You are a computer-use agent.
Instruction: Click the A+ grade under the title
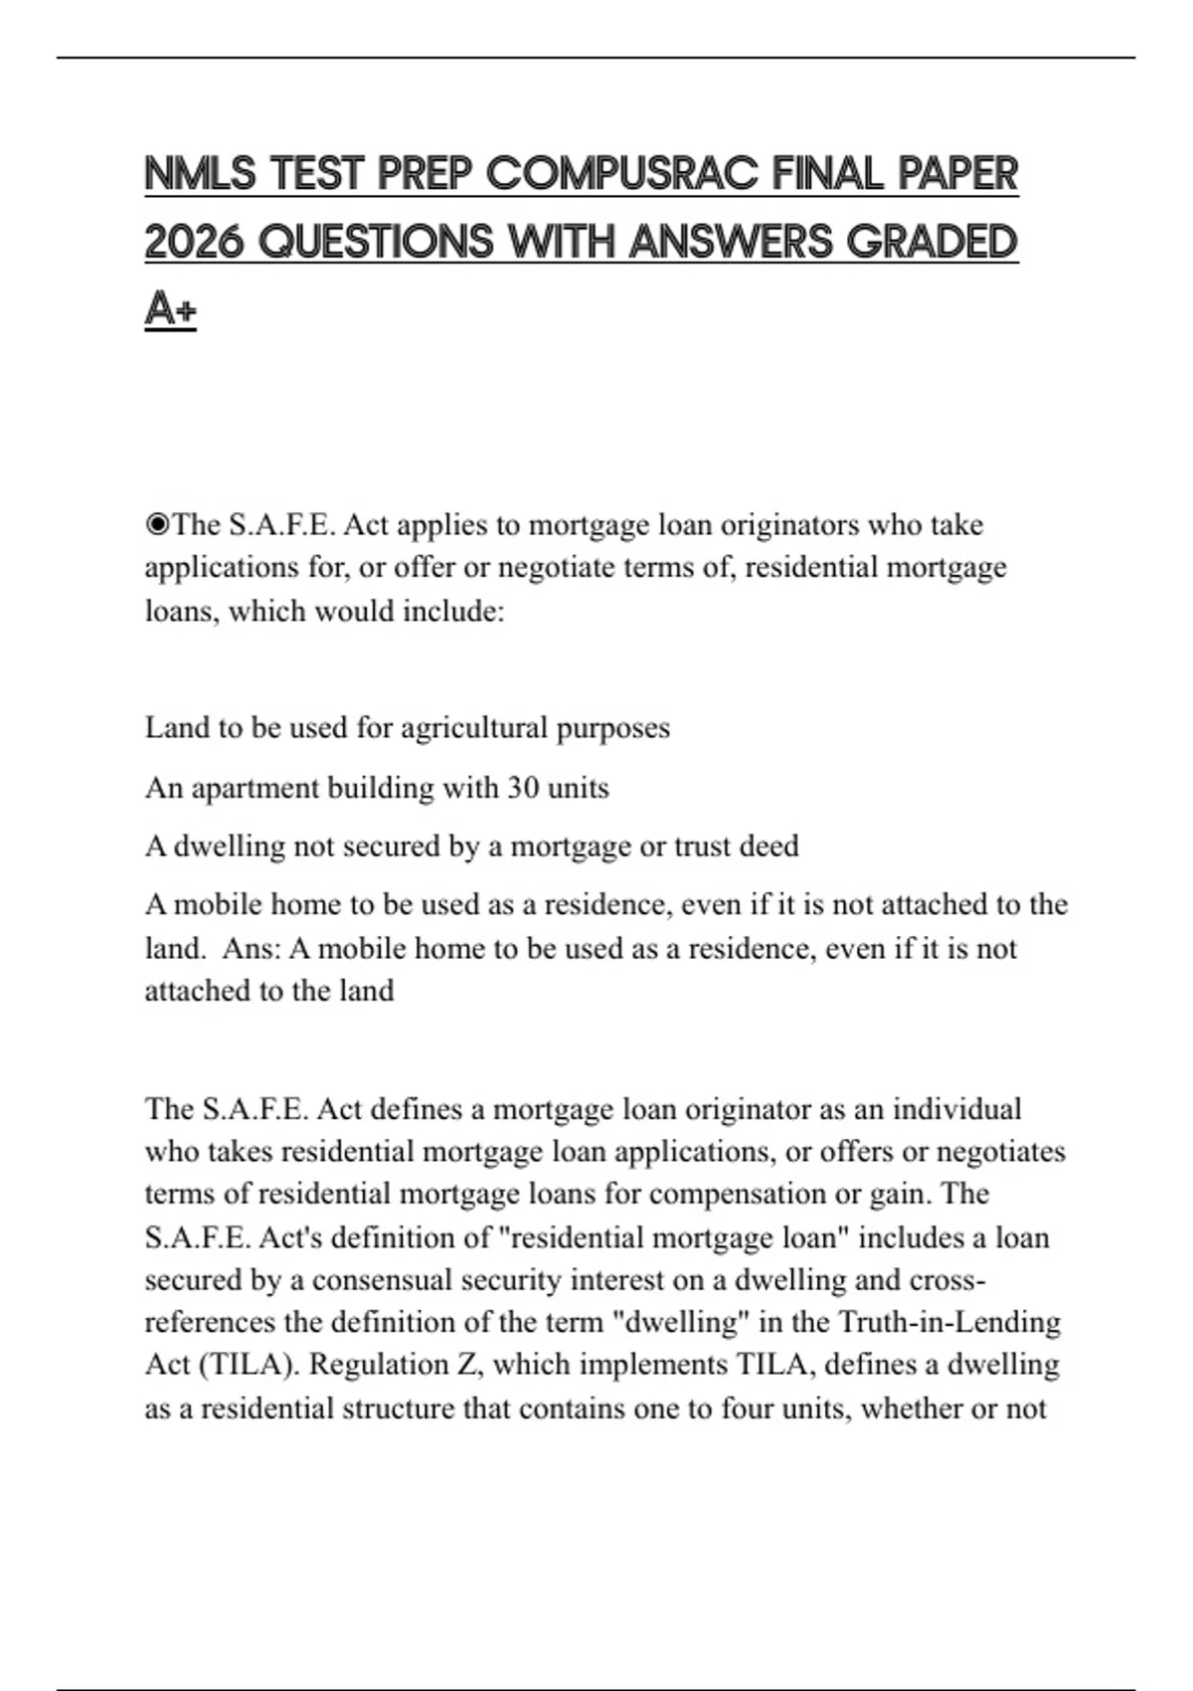170,308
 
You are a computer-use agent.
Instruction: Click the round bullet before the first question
157,524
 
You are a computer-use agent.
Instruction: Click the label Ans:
252,948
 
